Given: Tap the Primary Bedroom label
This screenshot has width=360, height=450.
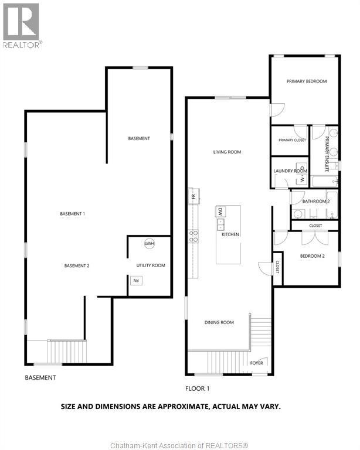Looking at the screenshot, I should [x=306, y=81].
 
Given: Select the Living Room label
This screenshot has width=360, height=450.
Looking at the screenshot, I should [x=227, y=152].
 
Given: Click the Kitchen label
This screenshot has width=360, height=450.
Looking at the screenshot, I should [x=230, y=234].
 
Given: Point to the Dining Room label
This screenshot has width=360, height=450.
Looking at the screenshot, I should [x=219, y=322].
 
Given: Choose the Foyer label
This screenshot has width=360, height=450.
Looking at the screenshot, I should [x=257, y=363].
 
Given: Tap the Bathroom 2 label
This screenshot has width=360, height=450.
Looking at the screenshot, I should [x=316, y=202].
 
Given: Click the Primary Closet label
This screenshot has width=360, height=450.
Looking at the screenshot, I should [x=292, y=140].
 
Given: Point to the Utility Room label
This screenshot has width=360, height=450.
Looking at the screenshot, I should [x=151, y=265].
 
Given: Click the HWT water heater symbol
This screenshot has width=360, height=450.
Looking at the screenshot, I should [x=150, y=244].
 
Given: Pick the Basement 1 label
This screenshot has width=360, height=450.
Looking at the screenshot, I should [x=73, y=214].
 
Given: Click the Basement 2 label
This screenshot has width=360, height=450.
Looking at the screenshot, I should [x=77, y=265].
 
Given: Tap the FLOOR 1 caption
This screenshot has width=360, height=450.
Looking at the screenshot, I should [x=197, y=388].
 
